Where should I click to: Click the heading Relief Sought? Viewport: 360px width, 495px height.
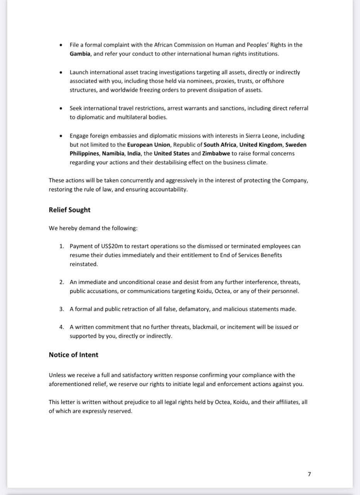[69, 210]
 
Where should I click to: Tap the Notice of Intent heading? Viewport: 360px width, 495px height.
[73, 355]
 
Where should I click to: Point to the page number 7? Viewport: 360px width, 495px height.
[309, 474]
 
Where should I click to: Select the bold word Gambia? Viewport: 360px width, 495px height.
[80, 54]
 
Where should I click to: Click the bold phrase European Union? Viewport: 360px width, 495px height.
[149, 145]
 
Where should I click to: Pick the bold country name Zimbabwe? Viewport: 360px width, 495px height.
[216, 154]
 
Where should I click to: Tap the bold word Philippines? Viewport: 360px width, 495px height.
[85, 154]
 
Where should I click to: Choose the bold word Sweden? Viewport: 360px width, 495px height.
[296, 145]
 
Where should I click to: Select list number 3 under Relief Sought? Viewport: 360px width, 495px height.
[62, 309]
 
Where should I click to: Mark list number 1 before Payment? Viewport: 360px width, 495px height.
[62, 246]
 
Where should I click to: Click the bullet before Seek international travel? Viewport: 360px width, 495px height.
[60, 108]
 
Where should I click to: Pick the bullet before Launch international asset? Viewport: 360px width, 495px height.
[60, 72]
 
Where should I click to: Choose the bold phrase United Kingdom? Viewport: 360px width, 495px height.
[261, 145]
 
